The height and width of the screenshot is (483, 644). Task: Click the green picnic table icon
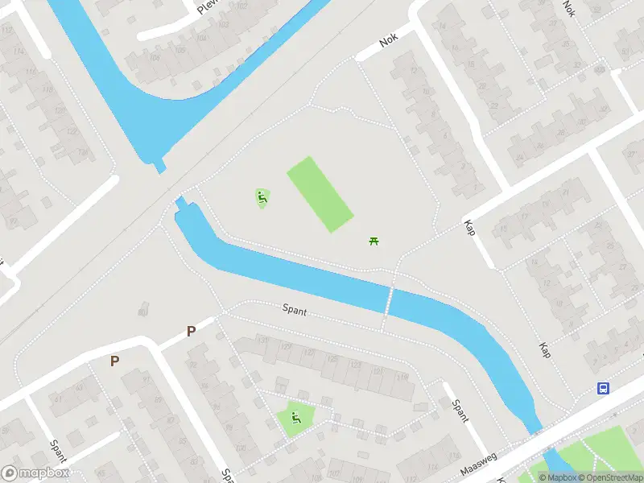point(374,241)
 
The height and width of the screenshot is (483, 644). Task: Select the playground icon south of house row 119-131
point(295,417)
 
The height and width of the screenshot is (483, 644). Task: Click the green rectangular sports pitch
point(320,195)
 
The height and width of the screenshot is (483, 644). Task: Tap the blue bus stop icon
point(603,388)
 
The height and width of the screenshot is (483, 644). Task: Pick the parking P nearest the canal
point(191,331)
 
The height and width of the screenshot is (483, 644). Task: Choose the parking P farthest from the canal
point(114,361)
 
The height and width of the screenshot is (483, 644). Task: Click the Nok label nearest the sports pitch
point(390,39)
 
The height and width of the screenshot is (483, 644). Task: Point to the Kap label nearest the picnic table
point(469,227)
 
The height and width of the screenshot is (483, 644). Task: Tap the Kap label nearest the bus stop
point(545,350)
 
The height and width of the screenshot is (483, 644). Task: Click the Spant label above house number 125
point(295,309)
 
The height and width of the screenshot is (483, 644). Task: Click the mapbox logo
point(35,473)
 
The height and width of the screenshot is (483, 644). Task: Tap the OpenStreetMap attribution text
point(611,477)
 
